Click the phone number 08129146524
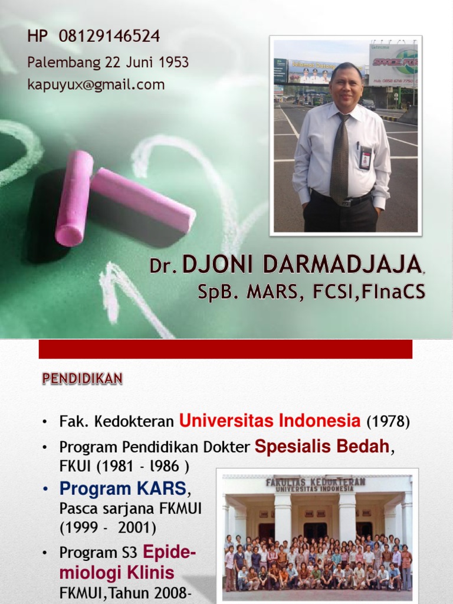point(109,37)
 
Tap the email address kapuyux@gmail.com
point(96,84)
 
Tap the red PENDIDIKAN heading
point(82,379)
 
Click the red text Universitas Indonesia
point(270,421)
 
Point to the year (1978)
point(388,422)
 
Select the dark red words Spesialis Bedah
point(322,447)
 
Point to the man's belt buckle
point(347,202)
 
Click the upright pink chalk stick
point(74,198)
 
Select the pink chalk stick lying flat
point(143,199)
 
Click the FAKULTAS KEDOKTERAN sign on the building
point(315,484)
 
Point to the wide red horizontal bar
point(225,349)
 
